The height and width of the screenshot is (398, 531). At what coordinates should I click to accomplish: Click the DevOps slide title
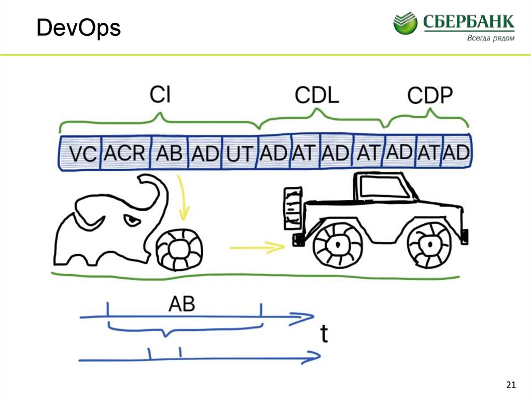(79, 29)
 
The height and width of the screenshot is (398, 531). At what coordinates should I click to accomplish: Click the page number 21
(511, 385)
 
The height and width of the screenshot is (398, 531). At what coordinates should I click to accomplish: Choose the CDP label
(430, 95)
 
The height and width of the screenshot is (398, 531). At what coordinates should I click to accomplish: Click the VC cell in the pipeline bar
(82, 154)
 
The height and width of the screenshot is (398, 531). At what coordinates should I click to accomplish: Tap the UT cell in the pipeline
(240, 154)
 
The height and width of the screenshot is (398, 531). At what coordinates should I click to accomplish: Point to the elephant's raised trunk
(158, 197)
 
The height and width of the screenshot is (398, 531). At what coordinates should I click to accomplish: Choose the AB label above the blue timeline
(181, 304)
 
